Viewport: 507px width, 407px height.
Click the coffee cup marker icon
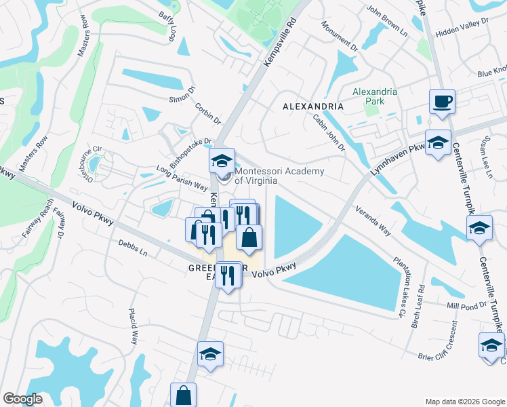(442, 102)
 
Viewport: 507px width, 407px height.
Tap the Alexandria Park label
(368, 96)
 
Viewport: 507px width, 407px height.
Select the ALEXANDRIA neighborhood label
(312, 106)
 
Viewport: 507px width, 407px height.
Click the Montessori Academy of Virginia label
(279, 176)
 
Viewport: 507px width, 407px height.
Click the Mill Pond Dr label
(467, 307)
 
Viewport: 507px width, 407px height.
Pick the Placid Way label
(134, 326)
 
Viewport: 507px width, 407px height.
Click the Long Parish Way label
(181, 176)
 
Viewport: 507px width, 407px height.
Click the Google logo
(23, 399)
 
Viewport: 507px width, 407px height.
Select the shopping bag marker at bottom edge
(183, 395)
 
